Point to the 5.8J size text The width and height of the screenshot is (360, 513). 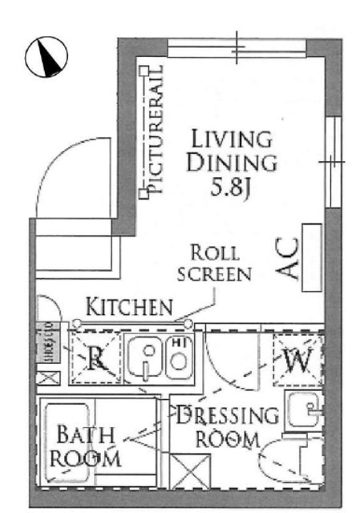click(232, 191)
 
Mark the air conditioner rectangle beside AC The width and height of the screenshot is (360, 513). click(313, 256)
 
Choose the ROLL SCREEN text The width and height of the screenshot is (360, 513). click(214, 262)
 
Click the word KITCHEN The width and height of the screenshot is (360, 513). click(129, 305)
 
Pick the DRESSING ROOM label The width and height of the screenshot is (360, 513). click(228, 426)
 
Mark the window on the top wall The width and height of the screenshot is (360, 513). click(238, 47)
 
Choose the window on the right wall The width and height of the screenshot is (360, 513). click(333, 160)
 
